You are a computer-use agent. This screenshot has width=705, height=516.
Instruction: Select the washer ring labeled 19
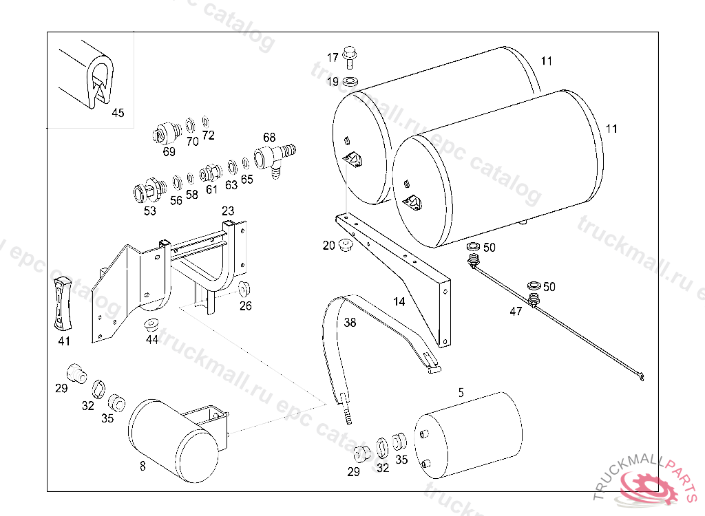(x=350, y=83)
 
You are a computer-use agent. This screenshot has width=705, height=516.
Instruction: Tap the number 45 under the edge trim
(x=118, y=113)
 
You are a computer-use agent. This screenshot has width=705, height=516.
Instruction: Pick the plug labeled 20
(x=345, y=246)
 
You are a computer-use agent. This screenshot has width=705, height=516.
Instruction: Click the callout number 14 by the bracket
(x=399, y=301)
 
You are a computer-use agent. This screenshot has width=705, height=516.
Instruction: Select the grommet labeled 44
(x=151, y=325)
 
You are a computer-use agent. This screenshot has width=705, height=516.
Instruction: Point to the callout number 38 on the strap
(x=350, y=322)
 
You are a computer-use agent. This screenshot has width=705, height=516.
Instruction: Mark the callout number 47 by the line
(x=516, y=311)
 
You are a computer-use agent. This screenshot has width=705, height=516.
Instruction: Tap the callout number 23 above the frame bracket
(x=228, y=211)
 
